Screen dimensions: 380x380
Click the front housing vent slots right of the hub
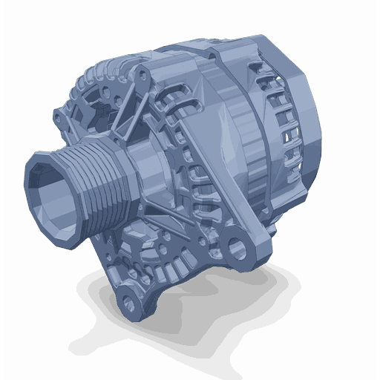[189, 171]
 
